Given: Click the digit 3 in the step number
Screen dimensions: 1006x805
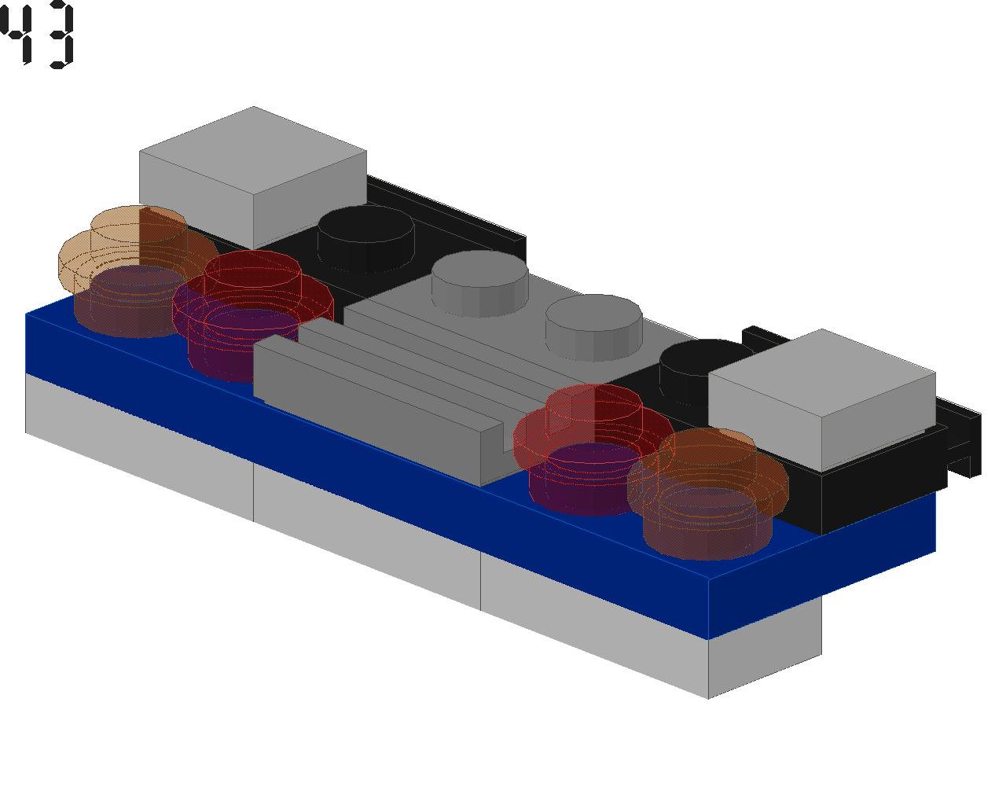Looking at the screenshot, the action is (x=61, y=35).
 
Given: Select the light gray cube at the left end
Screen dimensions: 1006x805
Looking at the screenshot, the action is (x=253, y=177).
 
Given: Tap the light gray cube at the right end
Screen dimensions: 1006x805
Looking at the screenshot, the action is (x=822, y=399).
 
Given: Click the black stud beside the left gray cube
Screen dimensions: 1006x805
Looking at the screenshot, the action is (x=365, y=237).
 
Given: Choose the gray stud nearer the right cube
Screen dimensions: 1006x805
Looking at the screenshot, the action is (x=593, y=328).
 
